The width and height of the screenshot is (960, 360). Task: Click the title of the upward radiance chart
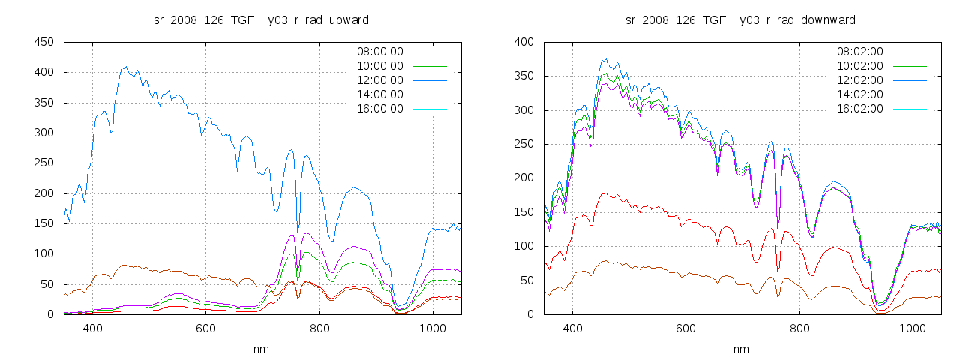[261, 19]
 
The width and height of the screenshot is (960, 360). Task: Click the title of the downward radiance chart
[740, 19]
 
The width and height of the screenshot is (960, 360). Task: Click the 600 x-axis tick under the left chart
[205, 328]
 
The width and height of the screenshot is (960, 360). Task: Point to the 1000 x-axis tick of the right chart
[912, 328]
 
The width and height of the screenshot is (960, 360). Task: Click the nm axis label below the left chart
[261, 349]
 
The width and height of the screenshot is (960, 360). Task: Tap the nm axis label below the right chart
[741, 349]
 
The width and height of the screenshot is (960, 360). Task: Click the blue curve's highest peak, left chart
[125, 67]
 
